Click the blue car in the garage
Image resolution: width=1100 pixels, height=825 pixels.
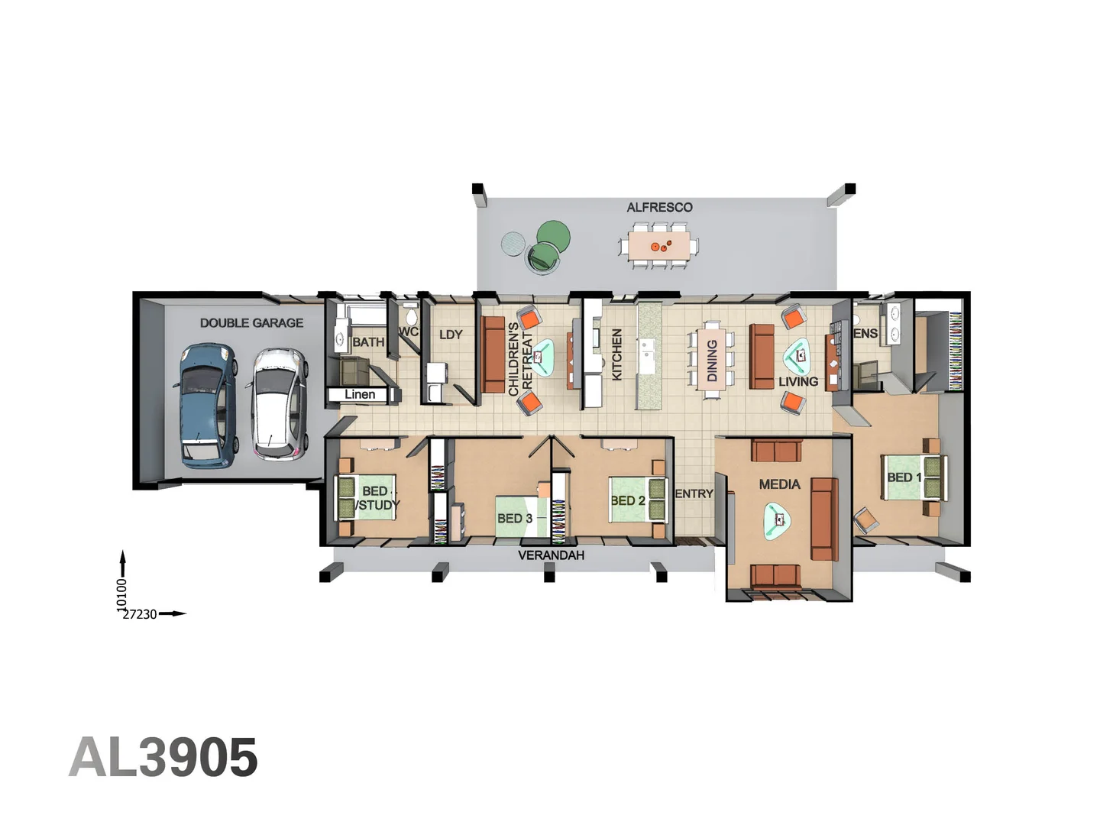point(206,405)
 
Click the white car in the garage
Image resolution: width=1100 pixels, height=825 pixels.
point(279,405)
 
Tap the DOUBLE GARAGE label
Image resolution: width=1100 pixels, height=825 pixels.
point(251,323)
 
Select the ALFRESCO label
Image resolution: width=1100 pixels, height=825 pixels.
point(659,208)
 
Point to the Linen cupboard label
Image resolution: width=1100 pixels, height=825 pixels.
point(360,394)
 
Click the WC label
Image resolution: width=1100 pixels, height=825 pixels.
point(409,332)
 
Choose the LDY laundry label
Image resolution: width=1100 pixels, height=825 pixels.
point(451,335)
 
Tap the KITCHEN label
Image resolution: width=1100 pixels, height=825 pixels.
point(617,354)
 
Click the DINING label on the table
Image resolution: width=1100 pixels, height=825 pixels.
point(712,360)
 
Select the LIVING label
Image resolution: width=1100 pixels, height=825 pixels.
point(798,381)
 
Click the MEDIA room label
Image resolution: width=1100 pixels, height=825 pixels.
point(779,484)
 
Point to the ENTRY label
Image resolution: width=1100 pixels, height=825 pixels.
point(694,494)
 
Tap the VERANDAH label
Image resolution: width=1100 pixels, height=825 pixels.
point(551,555)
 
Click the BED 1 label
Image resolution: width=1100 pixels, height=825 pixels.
point(904,477)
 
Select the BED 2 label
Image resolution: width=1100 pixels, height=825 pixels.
point(628,501)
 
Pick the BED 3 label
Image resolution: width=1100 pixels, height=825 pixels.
point(515,519)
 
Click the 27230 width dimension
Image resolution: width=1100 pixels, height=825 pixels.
point(140,614)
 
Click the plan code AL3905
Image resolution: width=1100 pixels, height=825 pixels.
point(163,758)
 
